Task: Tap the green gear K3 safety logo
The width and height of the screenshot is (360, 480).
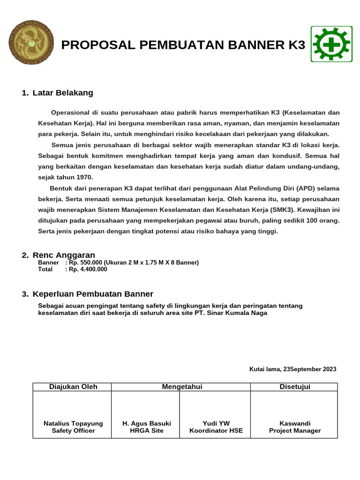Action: pyautogui.click(x=330, y=45)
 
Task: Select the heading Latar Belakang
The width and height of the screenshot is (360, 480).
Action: pyautogui.click(x=63, y=93)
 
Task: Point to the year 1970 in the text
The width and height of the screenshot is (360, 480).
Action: pyautogui.click(x=84, y=177)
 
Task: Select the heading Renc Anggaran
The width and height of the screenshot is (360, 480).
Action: pyautogui.click(x=64, y=255)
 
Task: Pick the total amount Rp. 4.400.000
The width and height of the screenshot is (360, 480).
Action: pyautogui.click(x=88, y=269)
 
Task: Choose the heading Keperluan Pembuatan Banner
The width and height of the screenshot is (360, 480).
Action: pyautogui.click(x=93, y=294)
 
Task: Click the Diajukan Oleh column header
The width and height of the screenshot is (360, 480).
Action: pyautogui.click(x=73, y=387)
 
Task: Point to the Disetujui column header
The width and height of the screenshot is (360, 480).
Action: pyautogui.click(x=295, y=387)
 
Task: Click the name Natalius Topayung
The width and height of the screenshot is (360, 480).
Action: pyautogui.click(x=73, y=423)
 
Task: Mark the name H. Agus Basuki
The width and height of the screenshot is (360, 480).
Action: pyautogui.click(x=147, y=423)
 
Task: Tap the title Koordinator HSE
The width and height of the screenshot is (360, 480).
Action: pyautogui.click(x=216, y=430)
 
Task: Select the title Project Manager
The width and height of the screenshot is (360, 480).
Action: pyautogui.click(x=295, y=430)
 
